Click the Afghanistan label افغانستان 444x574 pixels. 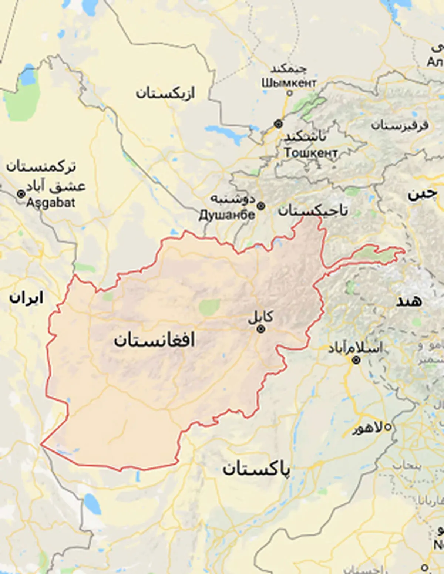click(x=154, y=340)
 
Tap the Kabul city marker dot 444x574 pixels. click(x=261, y=329)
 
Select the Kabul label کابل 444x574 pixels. click(x=261, y=317)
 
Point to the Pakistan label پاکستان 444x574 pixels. click(x=256, y=469)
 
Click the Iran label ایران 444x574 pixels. click(x=26, y=298)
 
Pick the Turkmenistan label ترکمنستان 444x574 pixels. click(x=41, y=167)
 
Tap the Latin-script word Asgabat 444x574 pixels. click(x=51, y=203)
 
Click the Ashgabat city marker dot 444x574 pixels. click(x=21, y=194)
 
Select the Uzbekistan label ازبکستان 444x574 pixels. click(x=165, y=93)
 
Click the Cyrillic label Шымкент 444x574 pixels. click(x=289, y=82)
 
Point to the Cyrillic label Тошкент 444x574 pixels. click(x=311, y=152)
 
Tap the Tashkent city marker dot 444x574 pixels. click(x=278, y=124)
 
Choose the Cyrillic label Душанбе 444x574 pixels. click(x=227, y=215)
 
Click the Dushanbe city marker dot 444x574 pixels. click(x=261, y=206)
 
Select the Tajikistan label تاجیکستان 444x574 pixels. click(x=313, y=210)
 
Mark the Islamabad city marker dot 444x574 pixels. click(x=356, y=360)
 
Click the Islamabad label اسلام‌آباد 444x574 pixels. click(x=355, y=348)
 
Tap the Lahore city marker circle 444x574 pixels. click(x=388, y=428)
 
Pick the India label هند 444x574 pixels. click(x=409, y=301)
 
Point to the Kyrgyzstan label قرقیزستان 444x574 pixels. click(x=400, y=125)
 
